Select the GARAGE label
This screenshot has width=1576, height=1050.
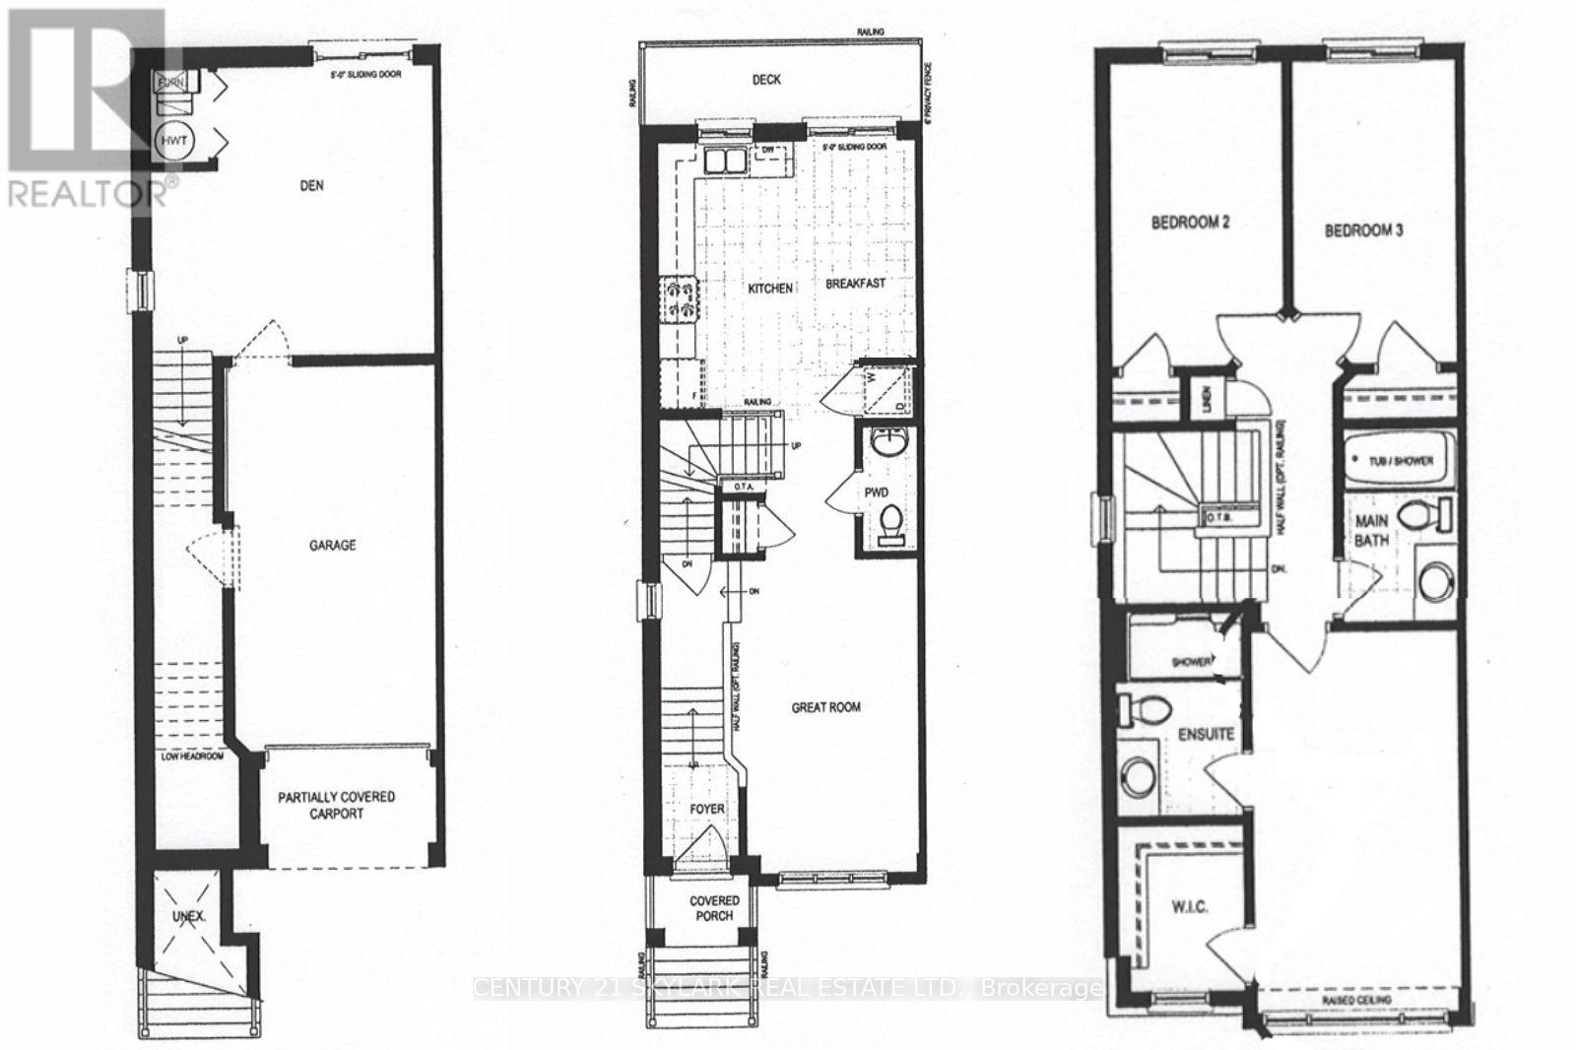pyautogui.click(x=333, y=545)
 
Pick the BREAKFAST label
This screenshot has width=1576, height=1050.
pyautogui.click(x=855, y=283)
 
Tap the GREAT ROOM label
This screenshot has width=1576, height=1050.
pyautogui.click(x=826, y=707)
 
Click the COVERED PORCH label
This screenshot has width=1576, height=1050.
pyautogui.click(x=713, y=907)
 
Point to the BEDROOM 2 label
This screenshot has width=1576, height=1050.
pyautogui.click(x=1191, y=223)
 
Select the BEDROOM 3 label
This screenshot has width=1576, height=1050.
pyautogui.click(x=1363, y=230)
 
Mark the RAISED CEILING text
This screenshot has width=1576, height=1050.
pyautogui.click(x=1356, y=1001)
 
